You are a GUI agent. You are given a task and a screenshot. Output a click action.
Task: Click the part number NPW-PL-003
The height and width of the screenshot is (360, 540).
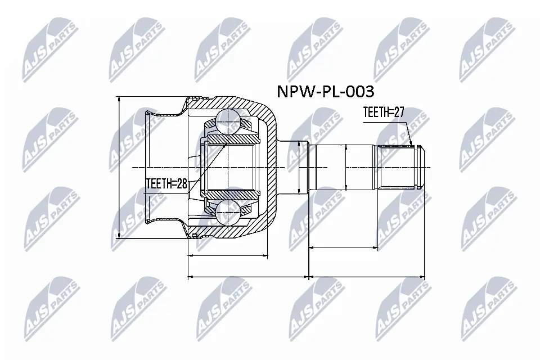324,91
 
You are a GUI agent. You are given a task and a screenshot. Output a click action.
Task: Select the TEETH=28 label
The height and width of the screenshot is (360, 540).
166,183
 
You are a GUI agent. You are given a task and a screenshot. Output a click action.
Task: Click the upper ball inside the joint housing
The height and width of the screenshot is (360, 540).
229,120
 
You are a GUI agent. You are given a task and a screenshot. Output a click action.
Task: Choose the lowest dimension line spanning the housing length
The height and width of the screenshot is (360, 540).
247,277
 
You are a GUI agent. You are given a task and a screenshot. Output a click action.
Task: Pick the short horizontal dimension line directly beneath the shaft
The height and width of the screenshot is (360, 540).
343,247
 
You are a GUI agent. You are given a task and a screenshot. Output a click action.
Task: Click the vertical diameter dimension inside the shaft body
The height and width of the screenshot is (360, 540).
346,167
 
